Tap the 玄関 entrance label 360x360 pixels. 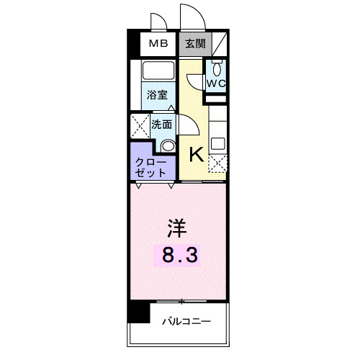tap(195, 44)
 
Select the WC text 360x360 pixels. tap(217, 83)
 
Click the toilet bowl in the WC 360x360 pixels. tap(217, 69)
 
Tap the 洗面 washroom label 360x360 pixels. tap(161, 124)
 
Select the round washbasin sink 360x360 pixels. tap(168, 145)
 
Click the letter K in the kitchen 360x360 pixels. tap(194, 153)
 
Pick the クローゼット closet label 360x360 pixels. tap(151, 167)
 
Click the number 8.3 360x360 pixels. tap(177, 254)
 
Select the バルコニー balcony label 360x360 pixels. tap(186, 320)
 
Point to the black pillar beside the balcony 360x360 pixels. tap(138, 312)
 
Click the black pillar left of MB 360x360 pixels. tap(134, 44)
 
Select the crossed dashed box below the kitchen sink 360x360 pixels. tap(217, 164)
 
